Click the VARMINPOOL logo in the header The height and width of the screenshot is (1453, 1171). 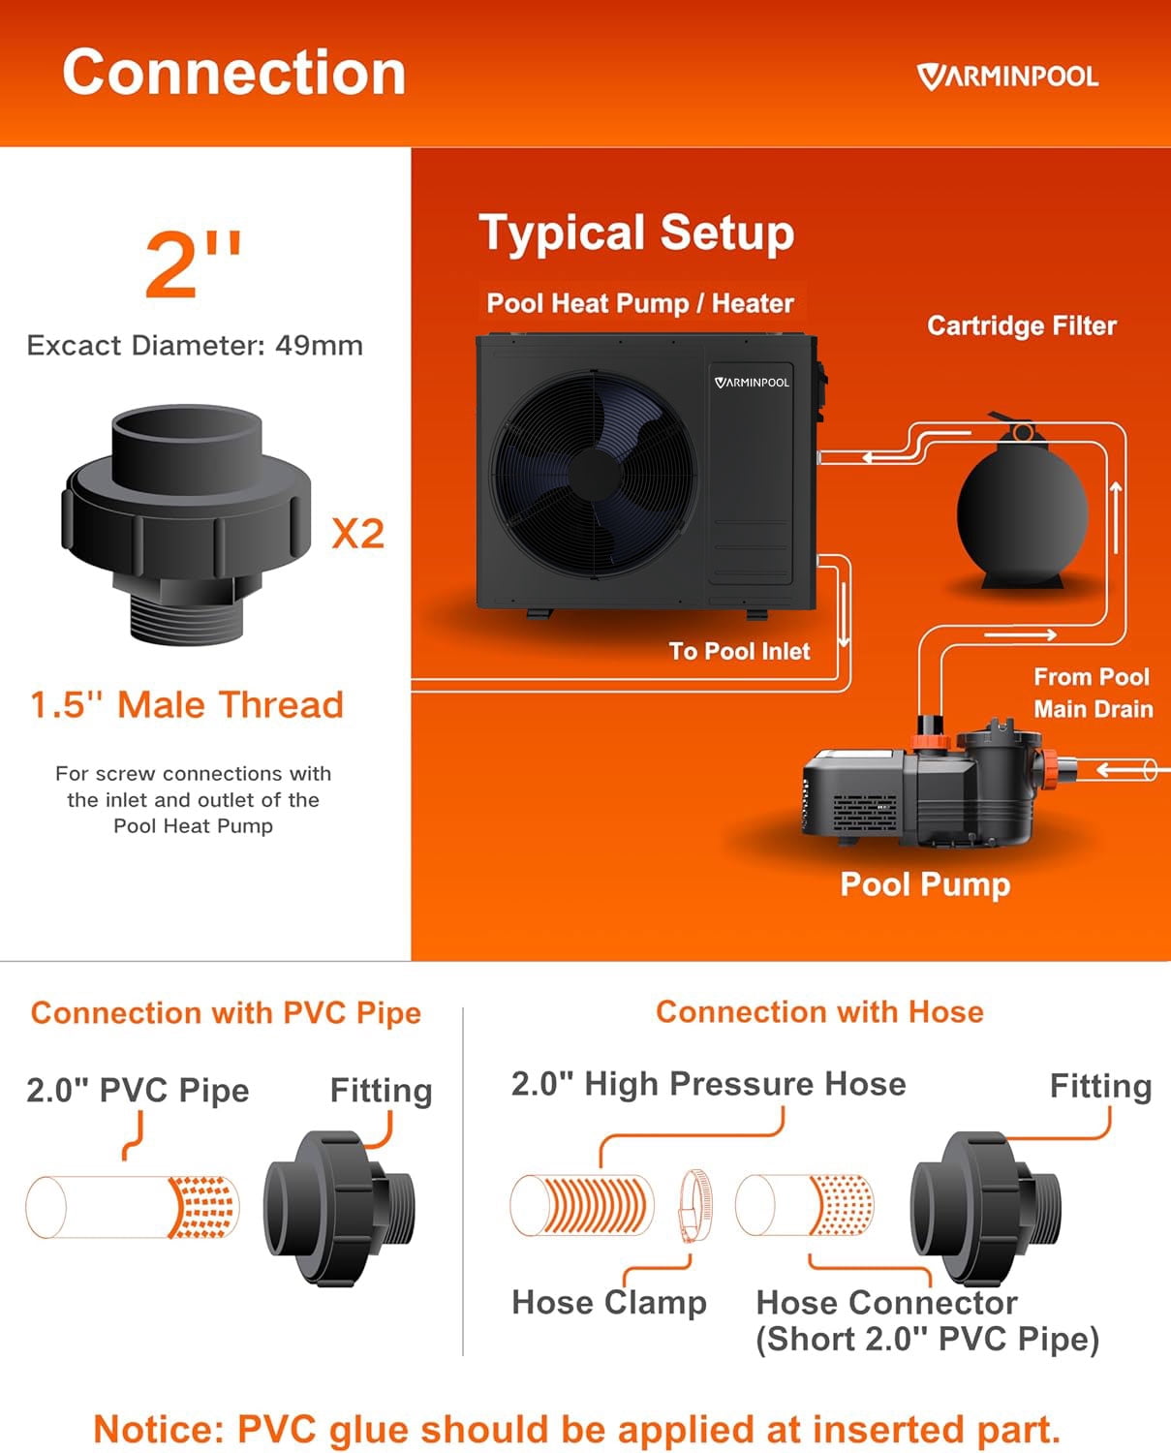pyautogui.click(x=1007, y=77)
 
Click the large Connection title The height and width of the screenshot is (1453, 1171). pyautogui.click(x=233, y=73)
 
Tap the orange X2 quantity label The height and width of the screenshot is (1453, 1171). pyautogui.click(x=358, y=534)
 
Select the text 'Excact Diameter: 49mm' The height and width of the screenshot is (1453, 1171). pyautogui.click(x=195, y=345)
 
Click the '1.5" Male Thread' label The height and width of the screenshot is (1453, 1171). pyautogui.click(x=187, y=704)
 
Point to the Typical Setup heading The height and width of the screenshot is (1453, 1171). pyautogui.click(x=636, y=232)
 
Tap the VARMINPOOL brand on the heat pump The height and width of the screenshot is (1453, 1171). pyautogui.click(x=752, y=383)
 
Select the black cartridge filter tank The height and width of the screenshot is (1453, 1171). pyautogui.click(x=1023, y=510)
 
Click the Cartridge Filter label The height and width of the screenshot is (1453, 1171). pyautogui.click(x=1022, y=325)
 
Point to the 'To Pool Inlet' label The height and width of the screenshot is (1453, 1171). pyautogui.click(x=739, y=651)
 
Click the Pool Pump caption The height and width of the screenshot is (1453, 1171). pyautogui.click(x=925, y=884)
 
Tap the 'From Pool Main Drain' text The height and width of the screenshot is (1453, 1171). pyautogui.click(x=1093, y=693)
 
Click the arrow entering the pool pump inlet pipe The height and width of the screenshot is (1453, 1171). pyautogui.click(x=1122, y=769)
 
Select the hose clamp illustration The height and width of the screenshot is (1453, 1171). pyautogui.click(x=694, y=1206)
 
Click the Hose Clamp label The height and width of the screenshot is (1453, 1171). pyautogui.click(x=609, y=1302)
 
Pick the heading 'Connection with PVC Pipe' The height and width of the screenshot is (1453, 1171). pyautogui.click(x=227, y=1013)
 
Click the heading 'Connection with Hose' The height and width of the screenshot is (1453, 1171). pyautogui.click(x=819, y=1011)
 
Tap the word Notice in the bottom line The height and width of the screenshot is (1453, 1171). pyautogui.click(x=157, y=1429)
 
